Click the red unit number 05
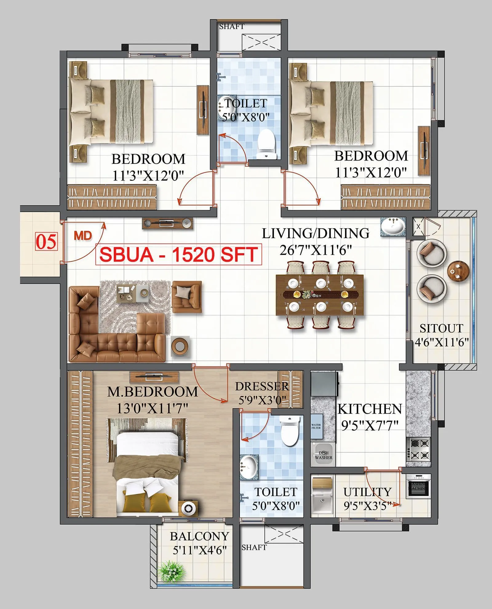[x=46, y=242]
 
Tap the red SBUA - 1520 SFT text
[x=179, y=254]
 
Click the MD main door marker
[x=83, y=236]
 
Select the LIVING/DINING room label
[x=315, y=234]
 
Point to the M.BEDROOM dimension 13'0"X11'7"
[x=152, y=408]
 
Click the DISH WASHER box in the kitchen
[x=323, y=455]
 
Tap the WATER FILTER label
[x=316, y=426]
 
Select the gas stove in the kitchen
[x=419, y=449]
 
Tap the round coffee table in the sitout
[x=458, y=271]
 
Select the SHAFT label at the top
[x=232, y=27]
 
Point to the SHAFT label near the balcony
[x=254, y=547]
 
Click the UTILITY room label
[x=367, y=492]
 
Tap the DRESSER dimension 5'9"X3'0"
[x=262, y=400]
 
